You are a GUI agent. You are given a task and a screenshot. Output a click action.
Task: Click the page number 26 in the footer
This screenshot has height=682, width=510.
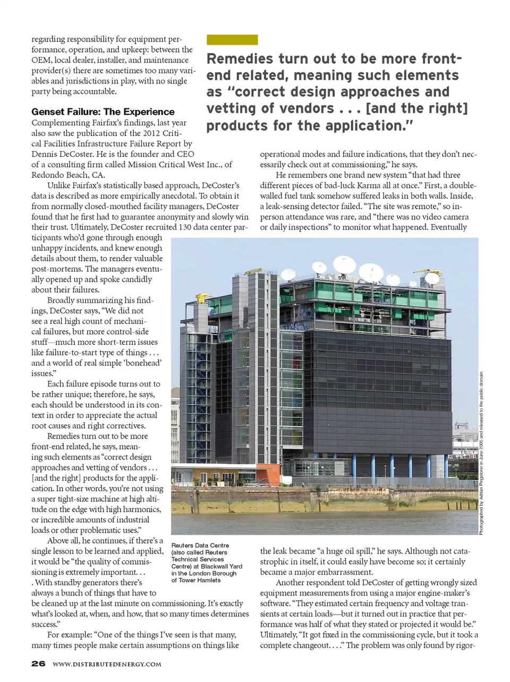pyautogui.click(x=38, y=663)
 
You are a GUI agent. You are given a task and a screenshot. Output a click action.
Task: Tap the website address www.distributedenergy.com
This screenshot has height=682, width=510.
pyautogui.click(x=107, y=664)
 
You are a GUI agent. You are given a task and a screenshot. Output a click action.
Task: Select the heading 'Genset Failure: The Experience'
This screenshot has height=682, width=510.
pyautogui.click(x=103, y=112)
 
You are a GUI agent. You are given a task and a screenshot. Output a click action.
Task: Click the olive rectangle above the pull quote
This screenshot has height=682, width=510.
pyautogui.click(x=232, y=40)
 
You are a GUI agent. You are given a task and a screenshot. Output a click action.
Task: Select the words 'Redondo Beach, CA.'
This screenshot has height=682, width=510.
pyautogui.click(x=68, y=175)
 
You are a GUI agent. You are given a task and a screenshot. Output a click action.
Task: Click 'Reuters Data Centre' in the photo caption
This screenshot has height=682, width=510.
pyautogui.click(x=200, y=545)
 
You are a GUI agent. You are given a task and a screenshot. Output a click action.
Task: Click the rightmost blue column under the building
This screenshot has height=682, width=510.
pyautogui.click(x=446, y=466)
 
